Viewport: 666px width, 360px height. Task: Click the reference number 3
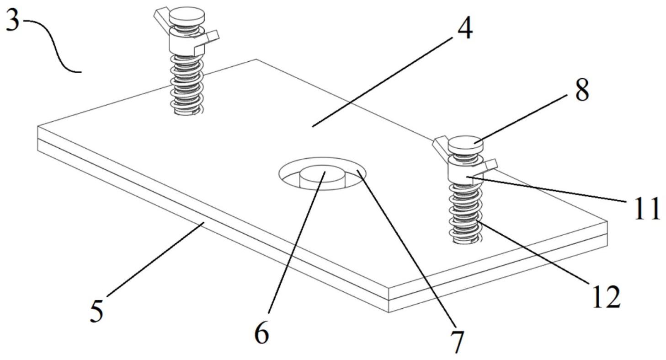(12, 20)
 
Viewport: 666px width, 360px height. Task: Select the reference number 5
(96, 312)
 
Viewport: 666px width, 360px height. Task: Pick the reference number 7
(457, 341)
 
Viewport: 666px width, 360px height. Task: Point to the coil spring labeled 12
(465, 213)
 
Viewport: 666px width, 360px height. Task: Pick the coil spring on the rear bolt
(186, 85)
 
